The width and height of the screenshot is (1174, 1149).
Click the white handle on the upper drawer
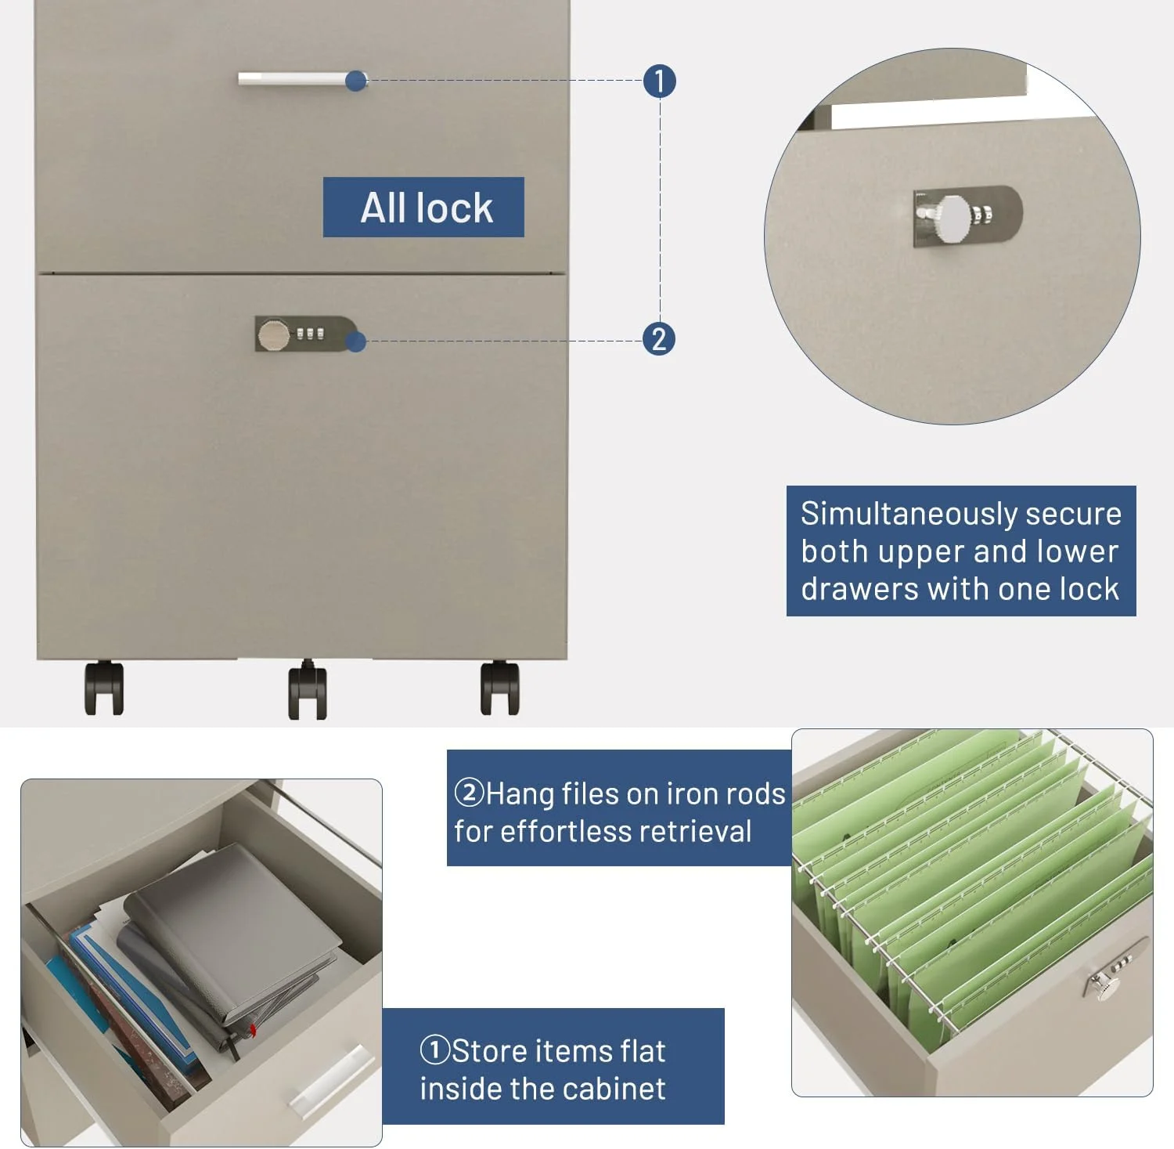pyautogui.click(x=296, y=78)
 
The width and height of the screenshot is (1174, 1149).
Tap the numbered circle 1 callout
pyautogui.click(x=659, y=81)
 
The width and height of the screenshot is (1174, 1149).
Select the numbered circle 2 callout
pyautogui.click(x=659, y=339)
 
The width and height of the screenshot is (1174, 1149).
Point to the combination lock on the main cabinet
pyautogui.click(x=304, y=334)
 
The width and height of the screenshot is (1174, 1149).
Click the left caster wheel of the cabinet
pyautogui.click(x=104, y=688)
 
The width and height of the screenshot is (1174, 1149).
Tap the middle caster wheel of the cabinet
pyautogui.click(x=308, y=689)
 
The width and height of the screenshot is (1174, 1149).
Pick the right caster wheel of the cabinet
pyautogui.click(x=499, y=688)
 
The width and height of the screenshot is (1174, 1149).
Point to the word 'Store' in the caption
pyautogui.click(x=490, y=1051)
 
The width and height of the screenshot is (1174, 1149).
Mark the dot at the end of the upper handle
pyautogui.click(x=356, y=81)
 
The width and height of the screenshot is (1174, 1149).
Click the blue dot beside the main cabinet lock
pyautogui.click(x=356, y=341)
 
